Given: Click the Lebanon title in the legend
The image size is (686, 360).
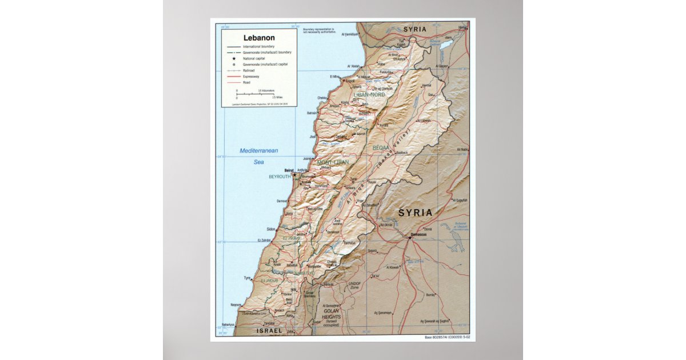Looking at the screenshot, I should (x=259, y=38).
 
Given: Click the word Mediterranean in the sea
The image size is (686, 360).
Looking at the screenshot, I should (x=258, y=151).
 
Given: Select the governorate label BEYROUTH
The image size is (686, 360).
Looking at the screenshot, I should (x=280, y=177).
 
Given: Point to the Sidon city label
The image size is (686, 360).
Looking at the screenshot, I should (x=271, y=229).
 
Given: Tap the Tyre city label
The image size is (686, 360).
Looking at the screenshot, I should (x=248, y=278).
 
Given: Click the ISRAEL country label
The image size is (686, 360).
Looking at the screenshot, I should (x=269, y=331).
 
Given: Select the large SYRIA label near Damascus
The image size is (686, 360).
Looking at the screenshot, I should (x=415, y=213).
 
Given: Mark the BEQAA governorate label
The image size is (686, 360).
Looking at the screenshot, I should (x=380, y=147).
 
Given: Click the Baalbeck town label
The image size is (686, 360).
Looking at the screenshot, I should (x=402, y=153).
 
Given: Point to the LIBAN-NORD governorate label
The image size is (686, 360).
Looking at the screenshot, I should (x=369, y=94).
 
